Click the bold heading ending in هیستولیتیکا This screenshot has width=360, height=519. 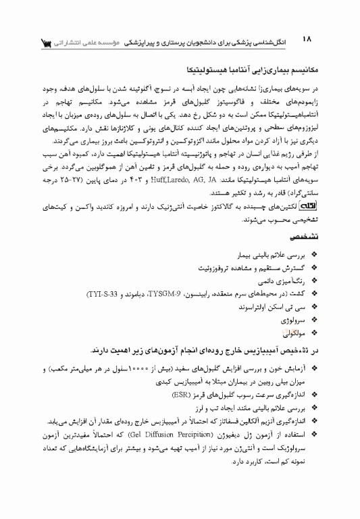click(250, 69)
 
